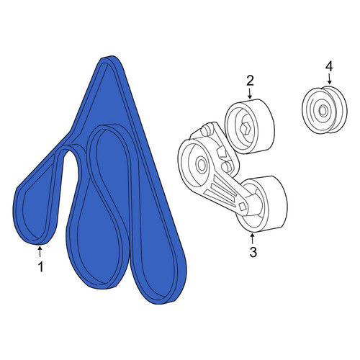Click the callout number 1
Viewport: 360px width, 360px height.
click(x=41, y=266)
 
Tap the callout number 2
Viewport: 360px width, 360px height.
click(x=250, y=81)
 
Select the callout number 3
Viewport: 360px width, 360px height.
click(x=253, y=252)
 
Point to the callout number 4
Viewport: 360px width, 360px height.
click(x=329, y=66)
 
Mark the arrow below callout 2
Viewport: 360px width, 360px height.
click(x=250, y=94)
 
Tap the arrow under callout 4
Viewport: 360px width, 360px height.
click(x=329, y=78)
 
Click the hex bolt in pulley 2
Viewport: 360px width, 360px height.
click(x=246, y=129)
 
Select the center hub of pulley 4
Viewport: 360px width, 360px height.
click(x=323, y=111)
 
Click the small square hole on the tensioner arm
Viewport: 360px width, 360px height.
click(x=243, y=207)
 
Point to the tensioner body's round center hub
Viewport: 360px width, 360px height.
click(x=201, y=164)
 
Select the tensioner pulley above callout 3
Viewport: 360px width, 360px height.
click(x=264, y=204)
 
